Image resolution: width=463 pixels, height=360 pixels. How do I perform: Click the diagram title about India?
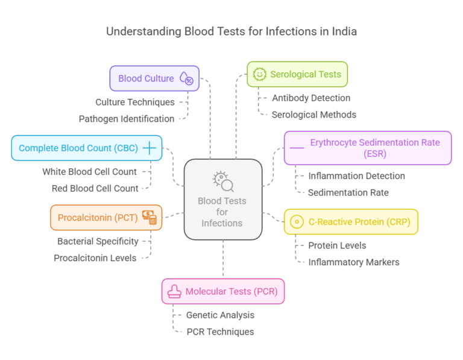pos(231,31)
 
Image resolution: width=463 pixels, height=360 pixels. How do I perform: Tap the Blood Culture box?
pos(154,78)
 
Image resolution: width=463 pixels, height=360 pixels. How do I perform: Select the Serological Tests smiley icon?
pos(260,74)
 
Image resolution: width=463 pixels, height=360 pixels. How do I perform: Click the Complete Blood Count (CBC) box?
pos(86,148)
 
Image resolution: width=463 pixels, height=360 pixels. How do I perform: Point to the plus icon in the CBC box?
pos(149,148)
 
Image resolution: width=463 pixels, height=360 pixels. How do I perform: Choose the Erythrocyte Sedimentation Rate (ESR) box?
pos(367,148)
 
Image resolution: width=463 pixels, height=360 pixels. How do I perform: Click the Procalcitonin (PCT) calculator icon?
pos(149,218)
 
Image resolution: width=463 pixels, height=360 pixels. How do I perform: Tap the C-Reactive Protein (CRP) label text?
pos(359,222)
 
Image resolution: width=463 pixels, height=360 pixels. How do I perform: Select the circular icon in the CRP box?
pos(296,222)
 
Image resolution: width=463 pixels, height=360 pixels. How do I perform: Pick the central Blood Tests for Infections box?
pos(222,199)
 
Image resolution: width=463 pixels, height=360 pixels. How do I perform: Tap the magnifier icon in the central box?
pos(222,180)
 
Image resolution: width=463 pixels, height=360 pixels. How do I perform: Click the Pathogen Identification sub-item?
pos(126,119)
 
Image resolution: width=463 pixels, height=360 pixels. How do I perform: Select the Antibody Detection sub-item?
pos(310,98)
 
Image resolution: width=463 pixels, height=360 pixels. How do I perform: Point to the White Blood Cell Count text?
pos(89,172)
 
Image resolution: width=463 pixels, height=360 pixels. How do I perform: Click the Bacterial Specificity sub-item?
pos(98,241)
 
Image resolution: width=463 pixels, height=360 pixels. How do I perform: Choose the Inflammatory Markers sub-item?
pos(353,262)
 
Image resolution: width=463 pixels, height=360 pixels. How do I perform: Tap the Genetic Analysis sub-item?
pos(220,315)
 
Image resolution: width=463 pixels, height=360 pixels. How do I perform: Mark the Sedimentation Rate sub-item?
pos(348,192)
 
